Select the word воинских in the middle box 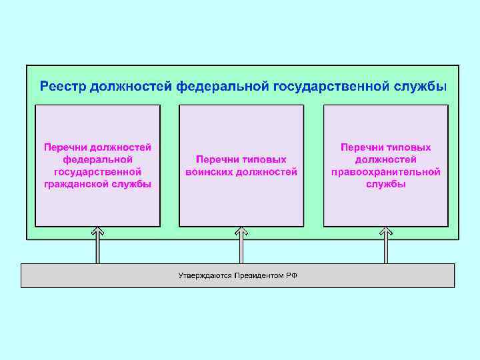[209, 172]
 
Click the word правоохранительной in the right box [385, 172]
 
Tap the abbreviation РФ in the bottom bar [292, 275]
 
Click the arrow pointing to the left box [97, 245]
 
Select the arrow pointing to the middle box [241, 245]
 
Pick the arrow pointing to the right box [385, 245]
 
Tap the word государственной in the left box [97, 172]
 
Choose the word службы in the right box [385, 184]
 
